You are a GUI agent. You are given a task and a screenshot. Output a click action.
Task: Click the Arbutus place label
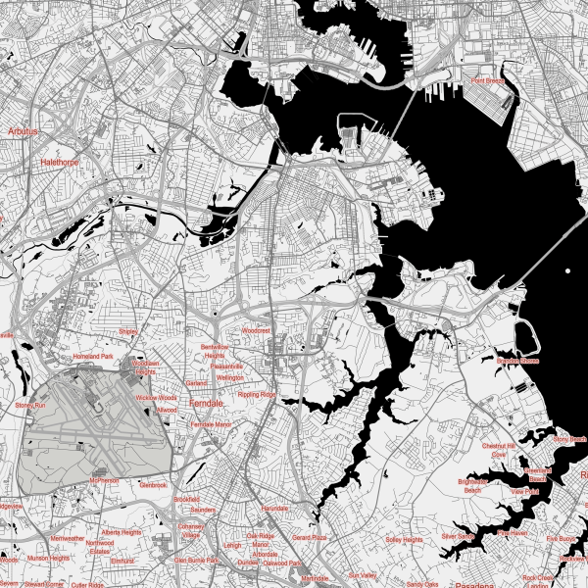[21, 129]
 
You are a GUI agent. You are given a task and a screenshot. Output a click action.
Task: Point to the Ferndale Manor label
[211, 424]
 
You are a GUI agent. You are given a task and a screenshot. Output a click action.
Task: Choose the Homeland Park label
[94, 356]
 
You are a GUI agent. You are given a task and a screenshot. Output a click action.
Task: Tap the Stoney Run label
[30, 404]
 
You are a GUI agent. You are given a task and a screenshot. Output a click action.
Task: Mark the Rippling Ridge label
[257, 394]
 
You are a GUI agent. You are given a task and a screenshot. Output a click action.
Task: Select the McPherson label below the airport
[104, 481]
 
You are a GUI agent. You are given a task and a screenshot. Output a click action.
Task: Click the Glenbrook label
[155, 485]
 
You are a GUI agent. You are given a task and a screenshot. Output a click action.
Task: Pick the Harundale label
[275, 509]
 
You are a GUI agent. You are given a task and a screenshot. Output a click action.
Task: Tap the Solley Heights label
[404, 539]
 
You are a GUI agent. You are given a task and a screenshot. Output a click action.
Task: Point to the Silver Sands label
[458, 536]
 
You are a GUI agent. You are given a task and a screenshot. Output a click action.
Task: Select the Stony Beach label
[569, 439]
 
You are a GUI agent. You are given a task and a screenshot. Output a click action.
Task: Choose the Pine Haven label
[513, 532]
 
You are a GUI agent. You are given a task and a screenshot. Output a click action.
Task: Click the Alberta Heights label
[122, 532]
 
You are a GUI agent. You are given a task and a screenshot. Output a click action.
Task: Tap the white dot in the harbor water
[567, 270]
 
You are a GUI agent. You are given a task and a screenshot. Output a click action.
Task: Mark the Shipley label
[128, 332]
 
